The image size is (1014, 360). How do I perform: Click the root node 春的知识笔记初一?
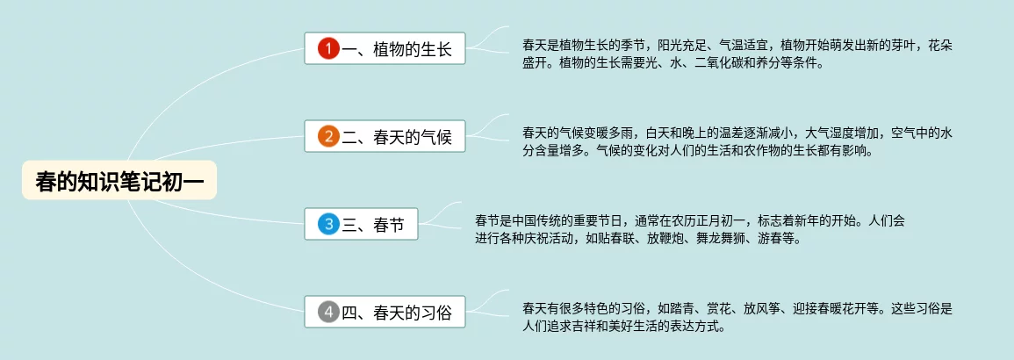point(119,180)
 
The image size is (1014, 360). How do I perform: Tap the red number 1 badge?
point(328,48)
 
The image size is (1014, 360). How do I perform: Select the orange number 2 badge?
point(328,136)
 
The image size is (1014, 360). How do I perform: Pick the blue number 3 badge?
point(328,224)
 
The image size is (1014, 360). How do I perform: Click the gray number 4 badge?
point(328,313)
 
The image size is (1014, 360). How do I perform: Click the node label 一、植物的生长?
point(397,49)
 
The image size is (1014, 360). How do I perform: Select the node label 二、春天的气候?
point(397,137)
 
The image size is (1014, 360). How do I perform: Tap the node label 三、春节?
point(373,225)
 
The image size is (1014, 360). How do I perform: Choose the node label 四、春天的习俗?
point(397,313)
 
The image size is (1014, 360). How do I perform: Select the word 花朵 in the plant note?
point(941,46)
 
